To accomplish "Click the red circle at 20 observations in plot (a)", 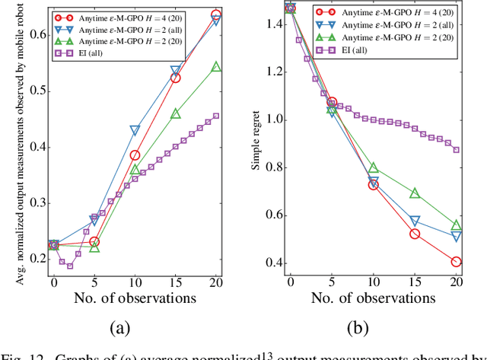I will [216, 14].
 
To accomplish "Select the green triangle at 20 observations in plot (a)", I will [216, 67].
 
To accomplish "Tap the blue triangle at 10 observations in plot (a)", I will [135, 131].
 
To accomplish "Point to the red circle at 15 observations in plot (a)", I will [176, 78].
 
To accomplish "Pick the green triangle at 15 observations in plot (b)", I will [415, 194].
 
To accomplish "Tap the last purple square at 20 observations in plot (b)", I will [455, 150].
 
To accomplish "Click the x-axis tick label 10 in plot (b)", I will [373, 282].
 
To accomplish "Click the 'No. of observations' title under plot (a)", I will [135, 298].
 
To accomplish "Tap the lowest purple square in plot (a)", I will [70, 266].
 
